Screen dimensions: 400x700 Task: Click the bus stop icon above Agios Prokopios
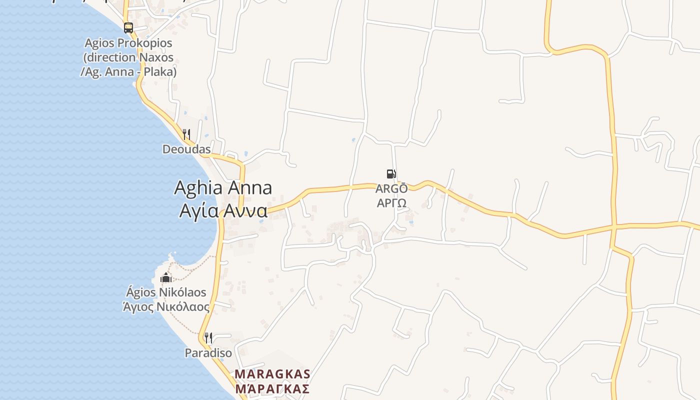pyautogui.click(x=128, y=28)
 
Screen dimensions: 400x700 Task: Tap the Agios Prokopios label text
pyautogui.click(x=128, y=43)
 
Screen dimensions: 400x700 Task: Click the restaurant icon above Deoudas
pyautogui.click(x=186, y=134)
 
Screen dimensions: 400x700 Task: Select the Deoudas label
pyautogui.click(x=186, y=149)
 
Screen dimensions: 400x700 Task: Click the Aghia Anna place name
pyautogui.click(x=223, y=188)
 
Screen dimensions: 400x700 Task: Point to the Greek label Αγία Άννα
pyautogui.click(x=223, y=210)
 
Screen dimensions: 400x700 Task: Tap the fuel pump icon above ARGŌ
pyautogui.click(x=391, y=174)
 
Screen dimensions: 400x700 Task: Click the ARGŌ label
pyautogui.click(x=391, y=188)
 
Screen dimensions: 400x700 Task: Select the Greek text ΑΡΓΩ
pyautogui.click(x=391, y=202)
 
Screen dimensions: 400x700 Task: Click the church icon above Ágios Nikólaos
pyautogui.click(x=166, y=277)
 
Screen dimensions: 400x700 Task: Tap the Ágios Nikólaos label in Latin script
pyautogui.click(x=166, y=292)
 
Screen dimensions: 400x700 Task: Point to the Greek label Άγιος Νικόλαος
pyautogui.click(x=166, y=306)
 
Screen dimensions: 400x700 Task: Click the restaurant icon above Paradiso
pyautogui.click(x=208, y=338)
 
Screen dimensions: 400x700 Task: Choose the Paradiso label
pyautogui.click(x=208, y=353)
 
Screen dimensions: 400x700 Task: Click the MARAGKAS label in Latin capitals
pyautogui.click(x=272, y=374)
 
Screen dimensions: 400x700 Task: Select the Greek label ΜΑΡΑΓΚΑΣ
pyautogui.click(x=272, y=388)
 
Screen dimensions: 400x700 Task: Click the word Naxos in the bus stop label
pyautogui.click(x=157, y=57)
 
